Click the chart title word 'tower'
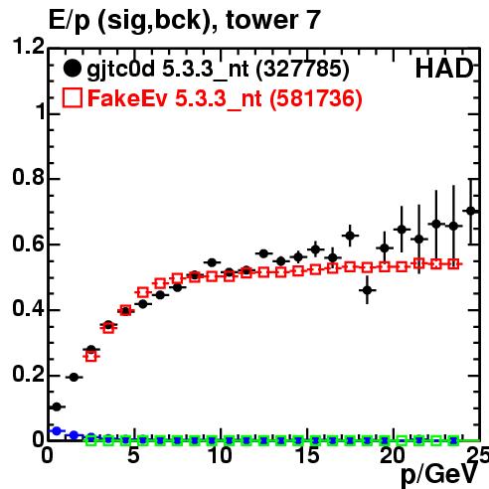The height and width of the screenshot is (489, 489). (x=260, y=20)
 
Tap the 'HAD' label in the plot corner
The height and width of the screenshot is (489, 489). (x=444, y=69)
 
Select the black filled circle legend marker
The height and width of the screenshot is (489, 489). (x=73, y=69)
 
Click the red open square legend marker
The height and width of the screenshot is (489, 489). (x=73, y=97)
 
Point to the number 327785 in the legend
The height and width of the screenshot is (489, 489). (x=302, y=70)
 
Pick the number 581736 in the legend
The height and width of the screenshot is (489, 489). (x=315, y=98)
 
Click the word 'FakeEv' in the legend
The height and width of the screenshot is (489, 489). (x=127, y=98)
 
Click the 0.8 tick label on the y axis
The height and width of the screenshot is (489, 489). (x=28, y=177)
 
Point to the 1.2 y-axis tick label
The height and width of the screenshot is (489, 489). (x=28, y=46)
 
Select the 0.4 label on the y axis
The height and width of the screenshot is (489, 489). (x=28, y=309)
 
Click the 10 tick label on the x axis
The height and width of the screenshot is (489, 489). (x=221, y=455)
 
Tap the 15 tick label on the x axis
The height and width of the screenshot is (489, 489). (x=307, y=455)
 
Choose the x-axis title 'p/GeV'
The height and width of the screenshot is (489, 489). (x=439, y=474)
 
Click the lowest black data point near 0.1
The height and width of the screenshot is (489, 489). (x=57, y=407)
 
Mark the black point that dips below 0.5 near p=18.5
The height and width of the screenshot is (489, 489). (x=367, y=290)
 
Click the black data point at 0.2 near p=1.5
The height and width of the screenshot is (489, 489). (x=74, y=377)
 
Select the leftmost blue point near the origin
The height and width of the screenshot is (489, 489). (x=57, y=431)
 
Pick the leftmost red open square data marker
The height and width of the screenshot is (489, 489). (x=91, y=357)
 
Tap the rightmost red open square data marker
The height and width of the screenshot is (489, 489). (x=453, y=264)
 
